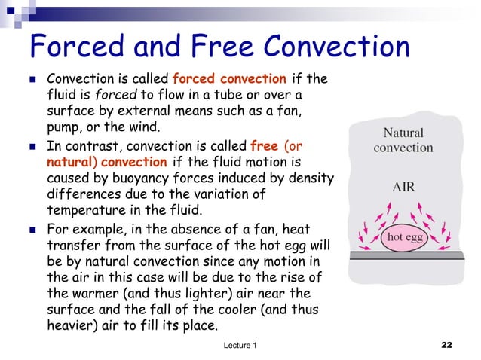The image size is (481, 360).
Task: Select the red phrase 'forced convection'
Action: point(229,79)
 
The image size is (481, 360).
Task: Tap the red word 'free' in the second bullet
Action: point(264,145)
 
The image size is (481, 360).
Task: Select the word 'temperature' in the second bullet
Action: point(84,211)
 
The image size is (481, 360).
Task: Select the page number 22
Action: point(446,345)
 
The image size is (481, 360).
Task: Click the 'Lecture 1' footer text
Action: point(240,345)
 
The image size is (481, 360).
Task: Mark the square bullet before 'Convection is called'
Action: point(33,78)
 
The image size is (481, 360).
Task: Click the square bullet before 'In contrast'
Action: point(33,145)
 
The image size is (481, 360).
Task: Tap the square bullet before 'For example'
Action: point(33,227)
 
